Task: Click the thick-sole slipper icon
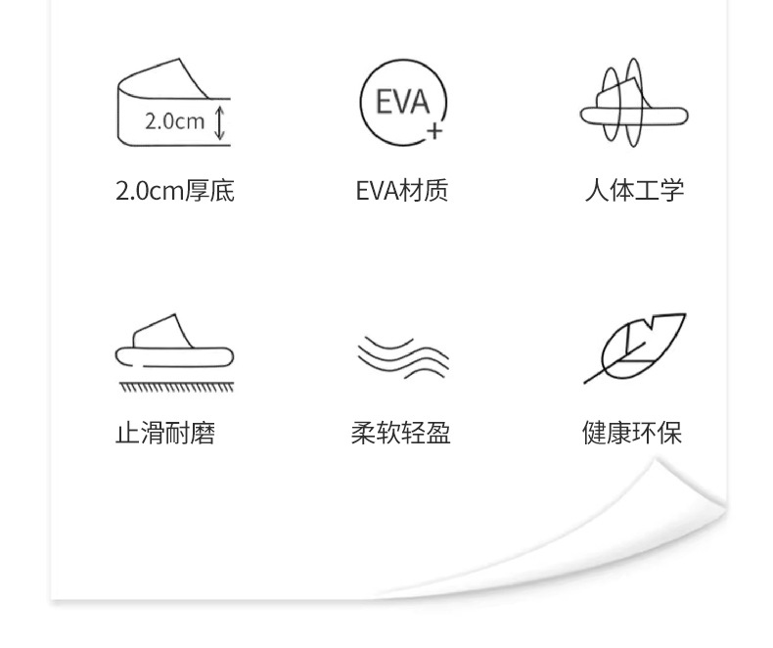(x=173, y=104)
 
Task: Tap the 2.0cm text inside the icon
(x=174, y=121)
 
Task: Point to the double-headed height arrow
(x=220, y=122)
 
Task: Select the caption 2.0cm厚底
(x=174, y=190)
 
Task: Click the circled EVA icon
(x=402, y=104)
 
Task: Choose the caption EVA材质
(x=402, y=190)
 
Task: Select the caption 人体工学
(x=633, y=190)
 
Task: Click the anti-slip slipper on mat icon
(x=174, y=352)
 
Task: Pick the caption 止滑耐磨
(x=165, y=433)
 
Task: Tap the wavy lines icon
(x=402, y=356)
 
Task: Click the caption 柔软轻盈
(x=401, y=433)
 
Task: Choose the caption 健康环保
(x=632, y=433)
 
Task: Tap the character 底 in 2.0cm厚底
(x=222, y=190)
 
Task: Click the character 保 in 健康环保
(x=670, y=433)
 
